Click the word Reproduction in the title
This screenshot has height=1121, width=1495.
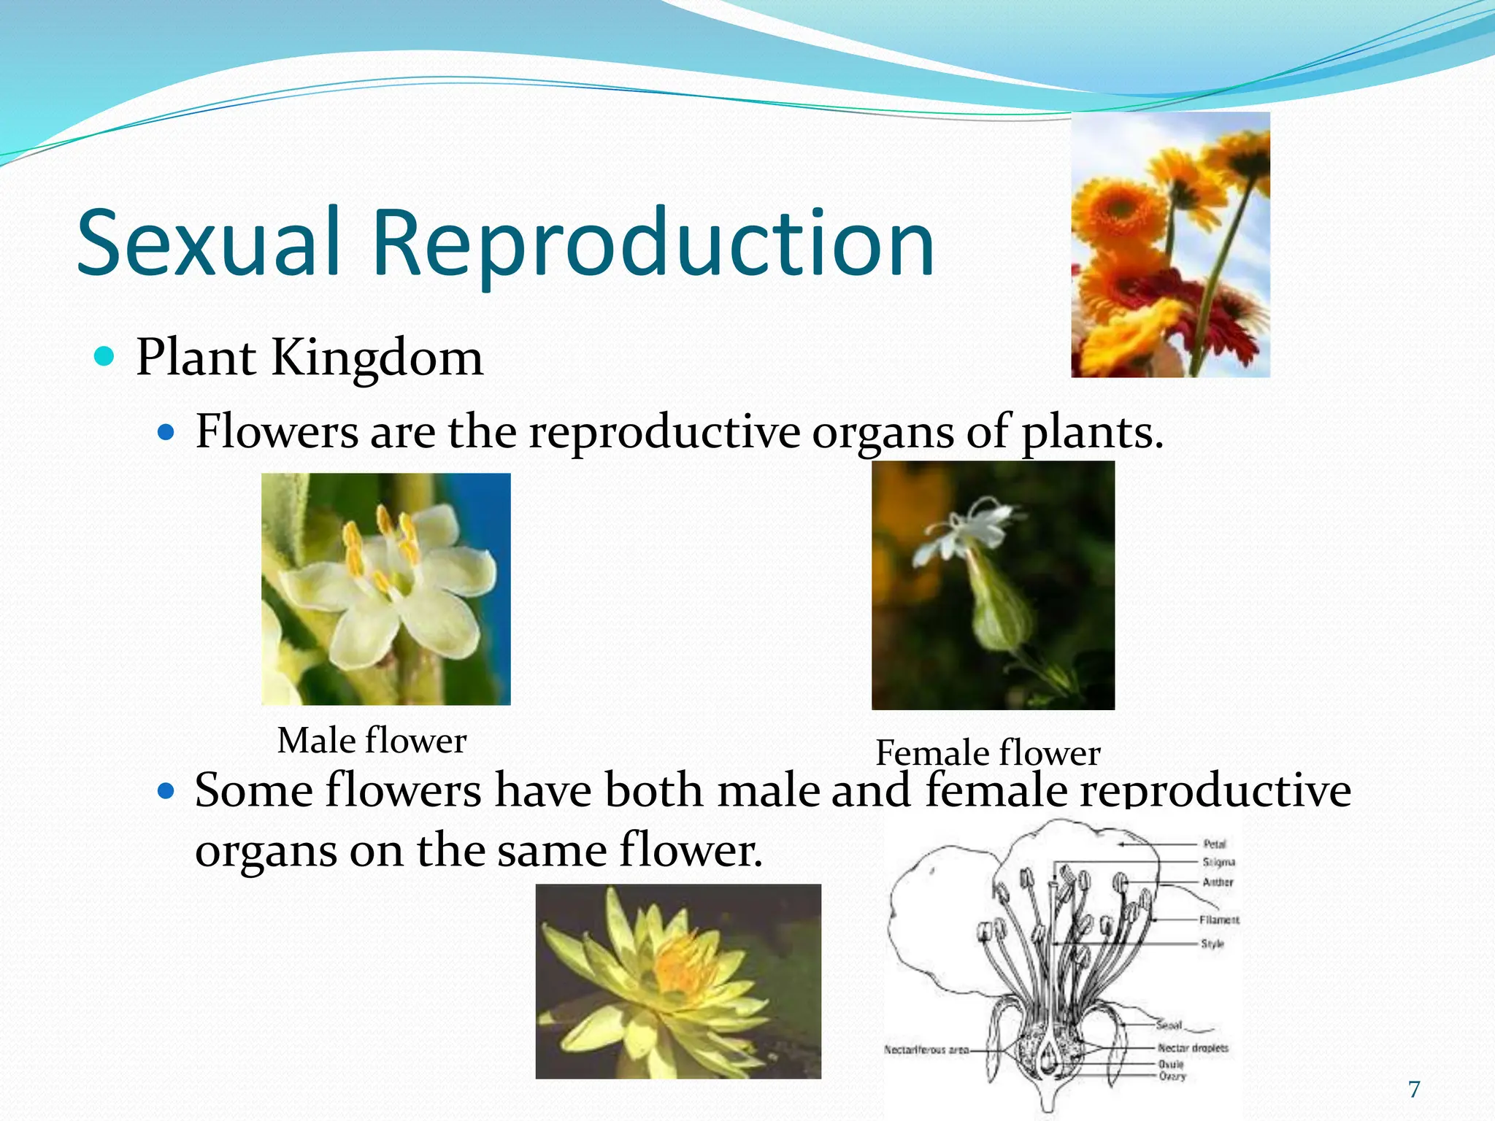click(x=653, y=244)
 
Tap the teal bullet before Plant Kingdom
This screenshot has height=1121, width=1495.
click(x=105, y=357)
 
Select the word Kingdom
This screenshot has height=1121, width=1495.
click(x=377, y=358)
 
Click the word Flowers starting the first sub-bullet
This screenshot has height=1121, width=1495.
click(x=277, y=431)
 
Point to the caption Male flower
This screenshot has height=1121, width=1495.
click(x=372, y=741)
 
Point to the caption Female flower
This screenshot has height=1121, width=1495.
click(x=988, y=753)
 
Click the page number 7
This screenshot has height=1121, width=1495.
click(x=1414, y=1090)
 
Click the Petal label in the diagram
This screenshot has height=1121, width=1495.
click(x=1215, y=844)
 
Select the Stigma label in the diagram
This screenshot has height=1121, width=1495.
click(x=1218, y=862)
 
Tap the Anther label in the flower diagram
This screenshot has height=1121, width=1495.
click(x=1218, y=882)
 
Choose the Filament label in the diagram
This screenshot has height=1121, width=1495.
click(x=1219, y=920)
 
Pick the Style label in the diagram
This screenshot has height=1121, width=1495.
click(x=1212, y=944)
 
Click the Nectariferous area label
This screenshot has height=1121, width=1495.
click(x=926, y=1049)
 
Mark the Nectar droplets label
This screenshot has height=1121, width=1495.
click(x=1193, y=1048)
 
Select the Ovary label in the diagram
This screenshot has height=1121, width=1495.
click(x=1172, y=1076)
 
